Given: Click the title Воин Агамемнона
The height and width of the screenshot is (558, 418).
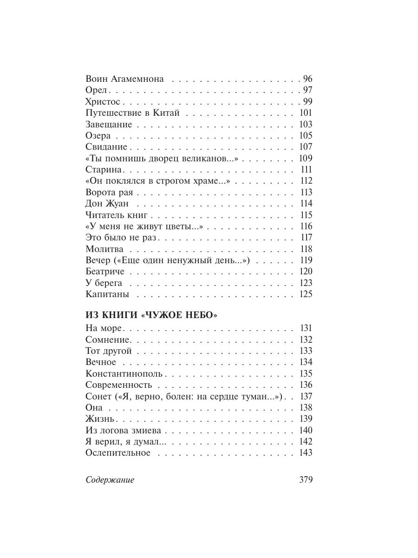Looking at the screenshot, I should [125, 79].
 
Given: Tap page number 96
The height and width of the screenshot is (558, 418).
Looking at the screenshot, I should [307, 79].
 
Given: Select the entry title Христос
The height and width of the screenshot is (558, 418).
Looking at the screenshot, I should [103, 102].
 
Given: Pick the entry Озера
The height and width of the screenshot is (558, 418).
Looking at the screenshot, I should [98, 136].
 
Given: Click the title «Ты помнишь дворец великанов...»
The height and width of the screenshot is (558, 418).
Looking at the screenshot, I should [162, 158].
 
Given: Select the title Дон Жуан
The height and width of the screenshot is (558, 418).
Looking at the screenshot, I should [107, 204].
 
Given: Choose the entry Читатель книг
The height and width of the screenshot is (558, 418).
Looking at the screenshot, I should [117, 215].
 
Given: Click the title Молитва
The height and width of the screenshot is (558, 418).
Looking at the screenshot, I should [104, 249].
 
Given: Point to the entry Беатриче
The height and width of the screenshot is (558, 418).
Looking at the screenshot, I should [105, 272].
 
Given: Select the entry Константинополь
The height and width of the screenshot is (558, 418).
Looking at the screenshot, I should [124, 373].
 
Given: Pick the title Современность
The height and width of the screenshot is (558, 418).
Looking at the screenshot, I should [119, 385].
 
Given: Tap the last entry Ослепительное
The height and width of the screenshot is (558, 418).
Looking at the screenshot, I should [118, 453].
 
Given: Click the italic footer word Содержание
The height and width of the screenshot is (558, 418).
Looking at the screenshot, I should [110, 480].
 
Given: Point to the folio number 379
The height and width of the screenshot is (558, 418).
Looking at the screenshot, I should [306, 480].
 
